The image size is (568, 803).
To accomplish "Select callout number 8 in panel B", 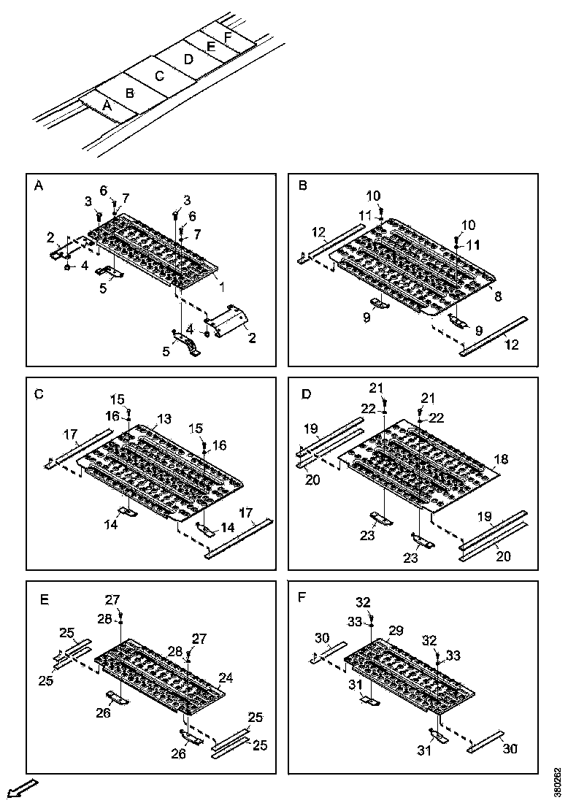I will (x=498, y=296).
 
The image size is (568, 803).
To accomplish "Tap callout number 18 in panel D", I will (x=500, y=459).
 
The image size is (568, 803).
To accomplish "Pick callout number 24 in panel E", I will (x=227, y=677).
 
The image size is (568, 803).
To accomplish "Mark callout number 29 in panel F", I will (x=396, y=629).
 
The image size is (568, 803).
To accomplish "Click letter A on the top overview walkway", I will (x=107, y=106).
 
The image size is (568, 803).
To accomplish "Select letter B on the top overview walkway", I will (x=130, y=93).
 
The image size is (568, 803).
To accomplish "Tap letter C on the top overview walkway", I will (x=160, y=75).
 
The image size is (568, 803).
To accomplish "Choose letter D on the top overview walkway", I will (x=188, y=59).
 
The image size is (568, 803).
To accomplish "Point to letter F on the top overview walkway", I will (x=229, y=36).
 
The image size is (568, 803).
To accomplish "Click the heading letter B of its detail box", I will (x=303, y=186).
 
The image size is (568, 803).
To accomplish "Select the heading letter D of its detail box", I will (x=306, y=394).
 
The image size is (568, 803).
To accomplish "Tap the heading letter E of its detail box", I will (x=45, y=600).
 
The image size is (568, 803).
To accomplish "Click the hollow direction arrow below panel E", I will (x=20, y=788).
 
